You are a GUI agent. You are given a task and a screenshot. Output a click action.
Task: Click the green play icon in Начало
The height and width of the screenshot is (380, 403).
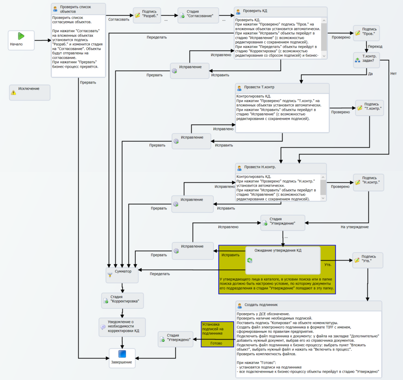tap(21, 36)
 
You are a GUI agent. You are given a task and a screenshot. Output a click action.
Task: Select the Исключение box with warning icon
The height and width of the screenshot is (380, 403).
tap(30, 93)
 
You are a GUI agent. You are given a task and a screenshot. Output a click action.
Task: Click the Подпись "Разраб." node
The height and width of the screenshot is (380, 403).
tap(147, 15)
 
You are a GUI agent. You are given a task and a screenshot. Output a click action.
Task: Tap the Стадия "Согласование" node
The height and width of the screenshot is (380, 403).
tap(198, 15)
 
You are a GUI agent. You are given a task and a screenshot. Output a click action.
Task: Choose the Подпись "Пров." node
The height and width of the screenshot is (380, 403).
tap(366, 33)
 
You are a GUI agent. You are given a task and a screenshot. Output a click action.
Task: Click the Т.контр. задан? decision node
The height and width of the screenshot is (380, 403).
tap(366, 60)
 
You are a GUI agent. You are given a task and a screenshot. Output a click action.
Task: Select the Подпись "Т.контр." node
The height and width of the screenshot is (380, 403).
tap(370, 108)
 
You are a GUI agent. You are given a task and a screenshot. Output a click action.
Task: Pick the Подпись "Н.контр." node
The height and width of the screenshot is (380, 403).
tap(368, 182)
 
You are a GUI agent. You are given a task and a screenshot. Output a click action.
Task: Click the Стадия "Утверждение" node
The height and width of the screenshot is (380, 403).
tap(283, 222)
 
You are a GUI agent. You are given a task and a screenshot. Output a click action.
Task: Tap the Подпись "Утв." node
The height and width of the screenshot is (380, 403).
tap(368, 260)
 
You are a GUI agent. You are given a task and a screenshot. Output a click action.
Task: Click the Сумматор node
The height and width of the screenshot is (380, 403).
tap(122, 275)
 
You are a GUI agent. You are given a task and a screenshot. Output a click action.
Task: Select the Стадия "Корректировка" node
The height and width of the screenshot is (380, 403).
tap(122, 300)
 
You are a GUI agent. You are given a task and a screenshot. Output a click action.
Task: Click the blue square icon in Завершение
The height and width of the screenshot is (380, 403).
tap(122, 354)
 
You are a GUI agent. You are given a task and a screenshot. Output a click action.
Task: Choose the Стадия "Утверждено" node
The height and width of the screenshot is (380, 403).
tap(176, 339)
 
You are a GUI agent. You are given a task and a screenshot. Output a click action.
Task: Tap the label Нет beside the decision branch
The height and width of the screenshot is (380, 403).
tap(394, 74)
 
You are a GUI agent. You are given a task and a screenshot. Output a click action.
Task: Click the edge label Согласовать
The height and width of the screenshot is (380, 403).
tap(119, 20)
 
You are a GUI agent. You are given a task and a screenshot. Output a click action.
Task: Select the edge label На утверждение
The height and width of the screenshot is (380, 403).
tap(355, 227)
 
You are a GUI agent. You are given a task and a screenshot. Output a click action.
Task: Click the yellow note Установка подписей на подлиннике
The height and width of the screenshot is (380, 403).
tap(217, 334)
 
